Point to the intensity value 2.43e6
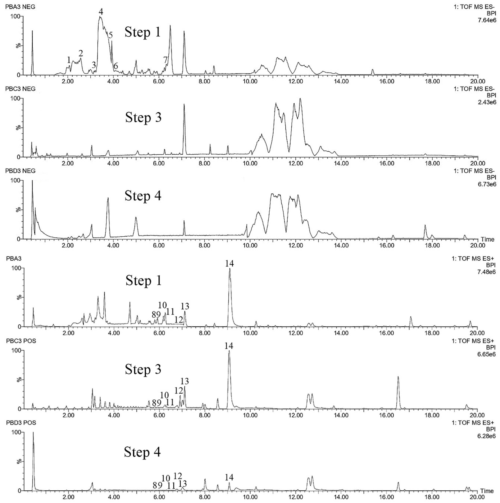click(487, 102)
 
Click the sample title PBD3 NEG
click(20, 171)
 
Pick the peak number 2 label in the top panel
click(81, 53)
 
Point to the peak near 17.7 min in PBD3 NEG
click(425, 225)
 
